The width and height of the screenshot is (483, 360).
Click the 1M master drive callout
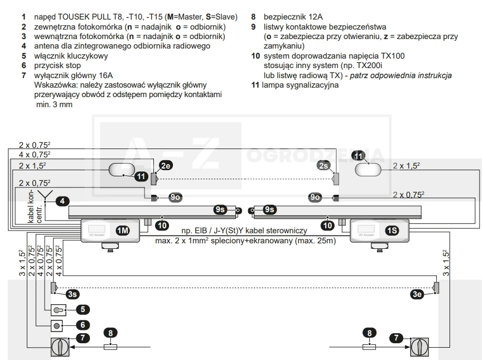tap(123, 231)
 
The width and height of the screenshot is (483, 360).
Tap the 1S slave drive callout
tap(392, 231)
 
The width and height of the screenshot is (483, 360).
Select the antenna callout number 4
tap(62, 201)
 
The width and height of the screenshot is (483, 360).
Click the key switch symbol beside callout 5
tap(59, 310)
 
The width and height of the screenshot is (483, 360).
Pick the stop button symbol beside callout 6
tap(57, 326)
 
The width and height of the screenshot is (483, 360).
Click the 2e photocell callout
tap(166, 166)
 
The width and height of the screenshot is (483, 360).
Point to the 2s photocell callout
tap(323, 166)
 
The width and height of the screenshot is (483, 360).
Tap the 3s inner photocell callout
tap(73, 294)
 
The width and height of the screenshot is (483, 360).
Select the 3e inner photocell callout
tap(417, 294)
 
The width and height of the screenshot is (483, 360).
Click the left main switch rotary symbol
tap(60, 347)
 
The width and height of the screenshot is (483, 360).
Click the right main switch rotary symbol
tap(419, 347)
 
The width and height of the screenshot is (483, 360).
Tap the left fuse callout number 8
tap(110, 333)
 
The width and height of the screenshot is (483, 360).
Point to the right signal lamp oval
tap(368, 170)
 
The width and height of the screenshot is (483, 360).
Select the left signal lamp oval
tap(122, 170)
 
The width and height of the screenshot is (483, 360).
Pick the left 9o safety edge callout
tap(175, 197)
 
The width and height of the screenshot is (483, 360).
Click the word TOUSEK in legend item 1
tap(71, 17)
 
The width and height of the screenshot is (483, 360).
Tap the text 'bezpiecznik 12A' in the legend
tap(293, 17)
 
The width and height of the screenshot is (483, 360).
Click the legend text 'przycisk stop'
tap(57, 65)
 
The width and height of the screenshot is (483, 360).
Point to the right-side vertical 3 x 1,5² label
tap(446, 263)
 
